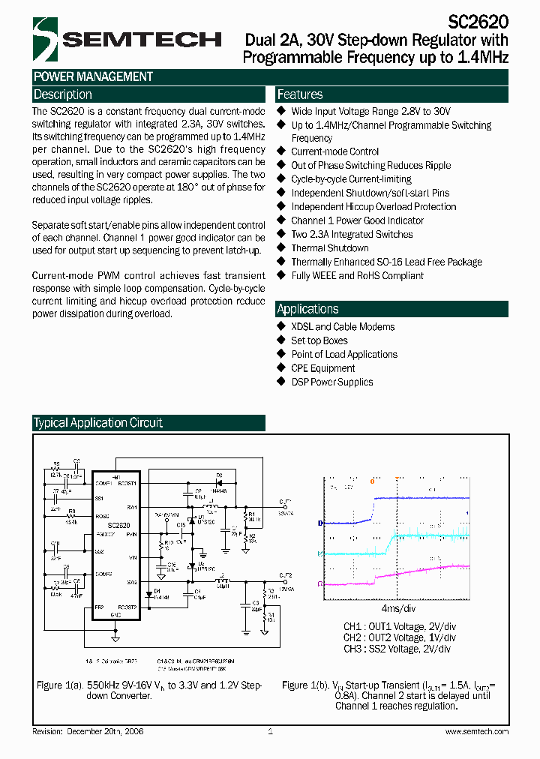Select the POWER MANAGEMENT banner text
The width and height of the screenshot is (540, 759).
[93, 76]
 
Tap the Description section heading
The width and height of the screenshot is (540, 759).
[63, 94]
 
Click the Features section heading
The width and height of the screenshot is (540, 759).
[300, 94]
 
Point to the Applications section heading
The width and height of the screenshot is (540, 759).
[307, 309]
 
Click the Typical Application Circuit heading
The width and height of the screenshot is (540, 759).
[98, 423]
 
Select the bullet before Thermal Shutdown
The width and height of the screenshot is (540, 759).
[282, 247]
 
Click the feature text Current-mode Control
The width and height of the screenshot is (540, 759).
[335, 151]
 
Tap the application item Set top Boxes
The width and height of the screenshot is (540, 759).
[319, 340]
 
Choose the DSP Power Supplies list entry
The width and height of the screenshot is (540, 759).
[332, 382]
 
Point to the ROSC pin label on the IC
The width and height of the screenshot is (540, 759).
[102, 516]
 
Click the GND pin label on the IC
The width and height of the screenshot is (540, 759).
[115, 615]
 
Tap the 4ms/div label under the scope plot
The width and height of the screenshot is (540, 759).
[398, 608]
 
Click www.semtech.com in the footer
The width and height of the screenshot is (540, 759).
[477, 731]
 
